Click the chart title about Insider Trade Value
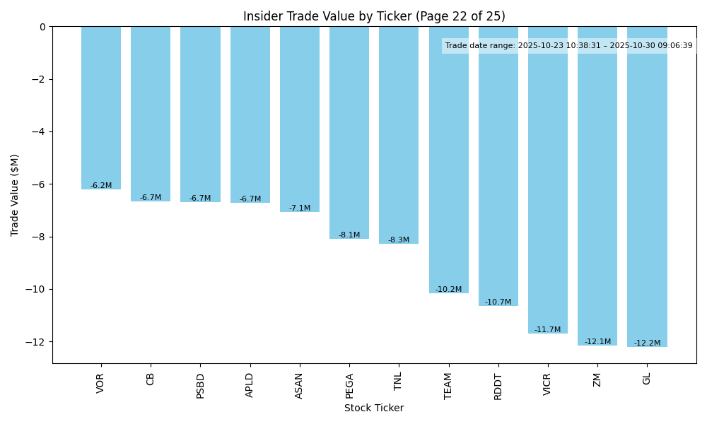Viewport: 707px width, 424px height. tap(374, 16)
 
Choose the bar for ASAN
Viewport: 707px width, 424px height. tap(300, 119)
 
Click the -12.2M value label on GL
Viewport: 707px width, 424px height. tap(647, 343)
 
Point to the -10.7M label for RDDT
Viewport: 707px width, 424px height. tap(498, 302)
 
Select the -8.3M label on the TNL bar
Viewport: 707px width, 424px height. tap(399, 240)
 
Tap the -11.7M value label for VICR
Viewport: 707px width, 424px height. tap(548, 329)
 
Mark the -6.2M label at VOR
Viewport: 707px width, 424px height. tap(101, 185)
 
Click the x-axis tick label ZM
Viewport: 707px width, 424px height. tap(597, 379)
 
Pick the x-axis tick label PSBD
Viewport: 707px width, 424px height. tap(200, 386)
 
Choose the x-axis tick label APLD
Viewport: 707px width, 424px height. tap(250, 386)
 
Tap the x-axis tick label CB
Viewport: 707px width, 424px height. tap(151, 379)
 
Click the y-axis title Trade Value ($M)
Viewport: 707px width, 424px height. tap(15, 195)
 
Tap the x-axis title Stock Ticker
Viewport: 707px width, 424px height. tap(374, 408)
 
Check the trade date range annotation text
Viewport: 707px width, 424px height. tap(569, 46)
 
